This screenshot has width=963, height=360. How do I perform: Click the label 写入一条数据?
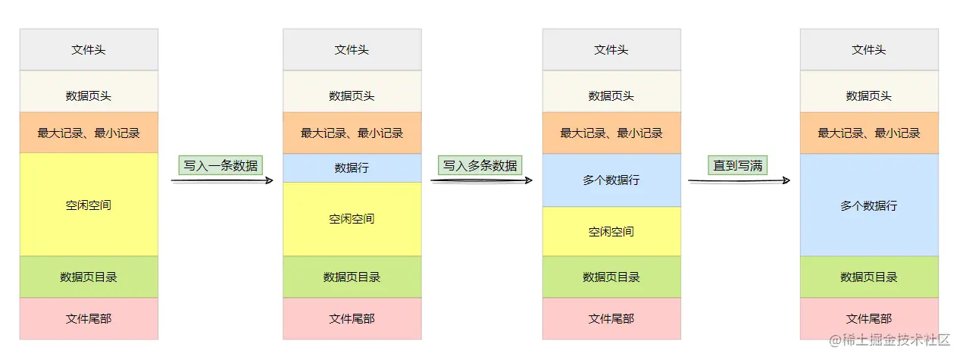tap(220, 165)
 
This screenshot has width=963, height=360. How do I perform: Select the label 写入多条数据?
tap(480, 164)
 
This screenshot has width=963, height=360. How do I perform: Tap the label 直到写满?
tap(737, 165)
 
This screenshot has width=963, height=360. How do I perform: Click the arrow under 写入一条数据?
tap(221, 181)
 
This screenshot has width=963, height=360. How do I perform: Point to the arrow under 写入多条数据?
tap(481, 180)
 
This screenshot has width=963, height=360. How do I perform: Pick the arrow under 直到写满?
tap(739, 180)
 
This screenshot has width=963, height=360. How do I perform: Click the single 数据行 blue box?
tap(352, 167)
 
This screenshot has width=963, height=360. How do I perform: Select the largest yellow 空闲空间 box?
tap(89, 205)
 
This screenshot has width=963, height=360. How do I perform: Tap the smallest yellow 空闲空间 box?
tap(611, 231)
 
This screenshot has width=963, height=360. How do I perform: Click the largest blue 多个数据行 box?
tap(869, 205)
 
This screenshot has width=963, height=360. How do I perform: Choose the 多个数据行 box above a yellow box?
tap(611, 180)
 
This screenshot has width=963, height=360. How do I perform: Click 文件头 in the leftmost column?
tap(89, 50)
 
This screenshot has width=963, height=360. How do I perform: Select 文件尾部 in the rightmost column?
tap(869, 319)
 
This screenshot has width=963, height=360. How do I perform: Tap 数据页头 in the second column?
tap(352, 96)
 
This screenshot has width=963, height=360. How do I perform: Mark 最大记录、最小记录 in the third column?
tap(611, 133)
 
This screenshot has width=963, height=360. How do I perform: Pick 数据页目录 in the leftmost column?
tap(89, 277)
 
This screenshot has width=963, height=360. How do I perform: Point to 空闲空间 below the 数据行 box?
tap(352, 219)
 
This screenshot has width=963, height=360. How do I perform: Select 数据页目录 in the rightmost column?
tap(869, 277)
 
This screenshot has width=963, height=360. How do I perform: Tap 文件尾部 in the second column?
tap(352, 319)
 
